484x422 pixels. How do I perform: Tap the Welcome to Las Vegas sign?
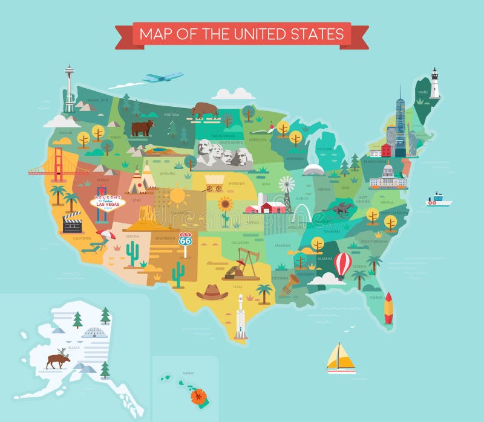click(108, 202)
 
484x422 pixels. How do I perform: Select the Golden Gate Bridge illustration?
click(57, 165)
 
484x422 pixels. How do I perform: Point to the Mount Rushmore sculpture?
click(224, 153)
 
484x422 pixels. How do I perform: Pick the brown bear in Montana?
click(143, 127)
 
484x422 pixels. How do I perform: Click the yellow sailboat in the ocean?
click(341, 359)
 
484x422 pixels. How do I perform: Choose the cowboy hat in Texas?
click(212, 292)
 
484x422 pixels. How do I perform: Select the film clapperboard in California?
click(73, 223)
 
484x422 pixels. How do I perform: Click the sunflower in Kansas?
click(226, 208)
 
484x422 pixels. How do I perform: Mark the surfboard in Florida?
click(388, 308)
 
